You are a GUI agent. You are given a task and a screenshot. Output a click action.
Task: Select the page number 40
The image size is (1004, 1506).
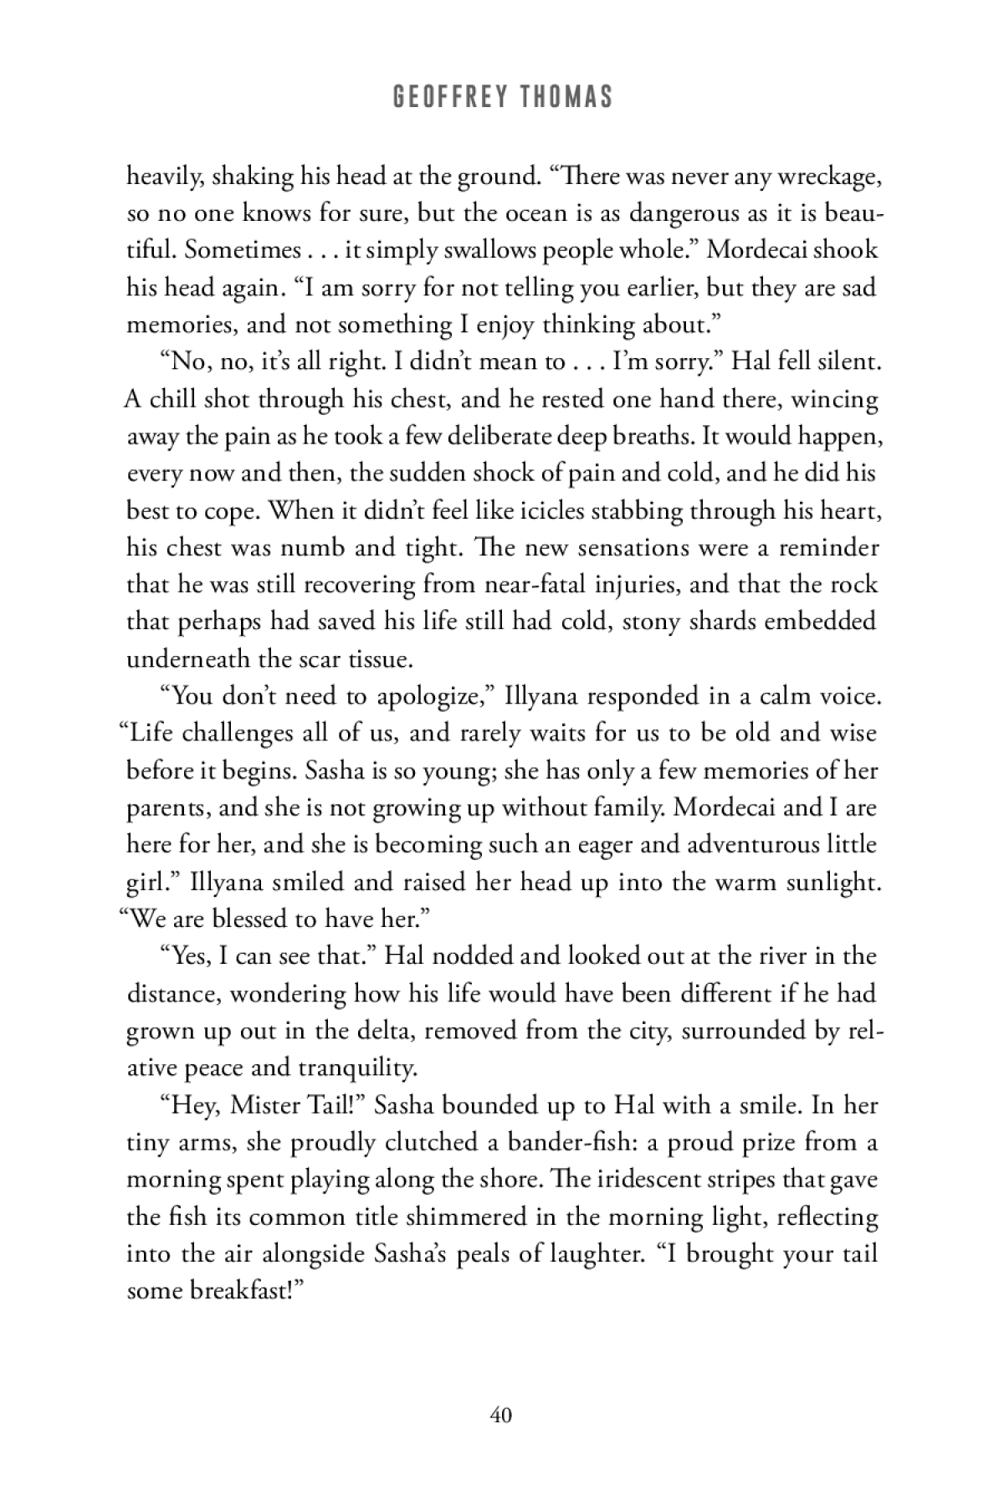pos(501,1415)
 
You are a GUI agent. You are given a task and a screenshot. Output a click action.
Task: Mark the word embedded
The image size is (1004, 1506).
pos(827,622)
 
